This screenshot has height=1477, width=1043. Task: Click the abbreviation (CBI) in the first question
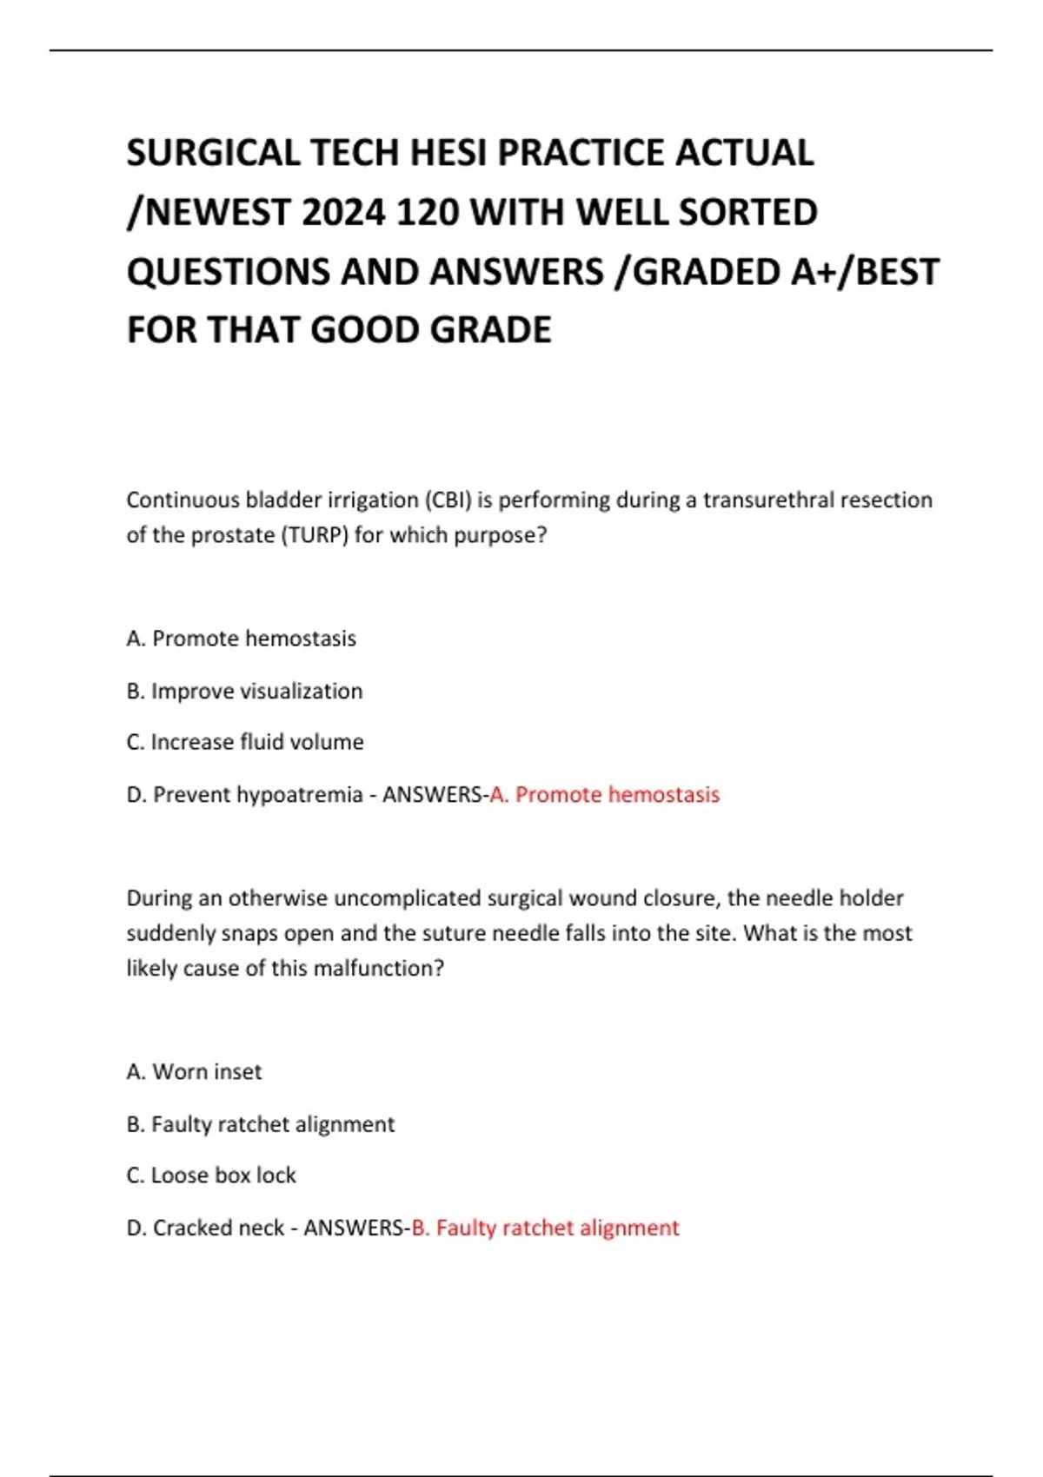point(448,500)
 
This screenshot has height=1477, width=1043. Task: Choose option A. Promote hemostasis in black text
point(241,639)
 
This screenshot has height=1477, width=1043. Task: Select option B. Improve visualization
point(244,691)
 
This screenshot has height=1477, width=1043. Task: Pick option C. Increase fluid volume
point(244,742)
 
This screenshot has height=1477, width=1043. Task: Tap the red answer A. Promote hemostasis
point(605,794)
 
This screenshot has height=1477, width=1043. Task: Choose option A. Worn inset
point(194,1071)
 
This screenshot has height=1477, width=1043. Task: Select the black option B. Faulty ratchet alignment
point(260,1123)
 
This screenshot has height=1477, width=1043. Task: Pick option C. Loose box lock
point(211,1175)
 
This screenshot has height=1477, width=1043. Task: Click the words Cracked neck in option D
point(218,1227)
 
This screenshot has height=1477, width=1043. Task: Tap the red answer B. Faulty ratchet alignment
point(545,1227)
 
